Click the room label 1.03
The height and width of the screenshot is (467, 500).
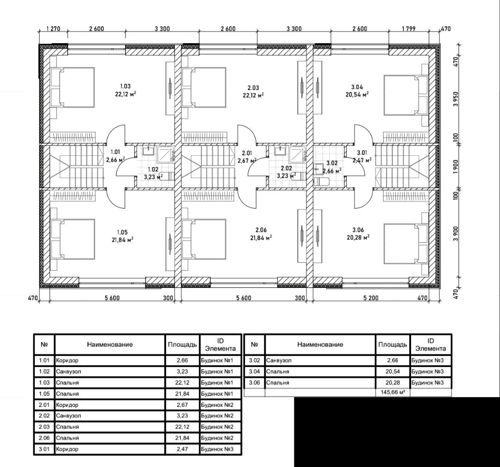(125, 86)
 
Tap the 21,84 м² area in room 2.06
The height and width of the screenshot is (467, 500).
(261, 237)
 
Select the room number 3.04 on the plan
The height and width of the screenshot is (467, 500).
(357, 87)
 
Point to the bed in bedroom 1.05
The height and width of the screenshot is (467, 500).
(73, 239)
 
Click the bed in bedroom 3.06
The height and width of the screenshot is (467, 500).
(406, 244)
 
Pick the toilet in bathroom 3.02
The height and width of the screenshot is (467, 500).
(321, 182)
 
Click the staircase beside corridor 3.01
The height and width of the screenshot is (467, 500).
(402, 167)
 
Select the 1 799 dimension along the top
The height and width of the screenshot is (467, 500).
(408, 29)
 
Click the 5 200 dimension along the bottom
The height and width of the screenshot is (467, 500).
(371, 298)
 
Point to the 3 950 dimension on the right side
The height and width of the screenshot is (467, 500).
(456, 100)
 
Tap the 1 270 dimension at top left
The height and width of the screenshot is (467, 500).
(53, 29)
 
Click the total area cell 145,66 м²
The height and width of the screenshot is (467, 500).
(393, 392)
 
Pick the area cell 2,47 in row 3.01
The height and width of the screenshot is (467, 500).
(182, 449)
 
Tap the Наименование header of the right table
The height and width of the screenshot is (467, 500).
(320, 344)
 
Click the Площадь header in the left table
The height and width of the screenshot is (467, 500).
(182, 344)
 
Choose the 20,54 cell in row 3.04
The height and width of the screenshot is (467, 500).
(393, 372)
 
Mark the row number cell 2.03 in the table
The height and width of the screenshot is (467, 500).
(44, 427)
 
